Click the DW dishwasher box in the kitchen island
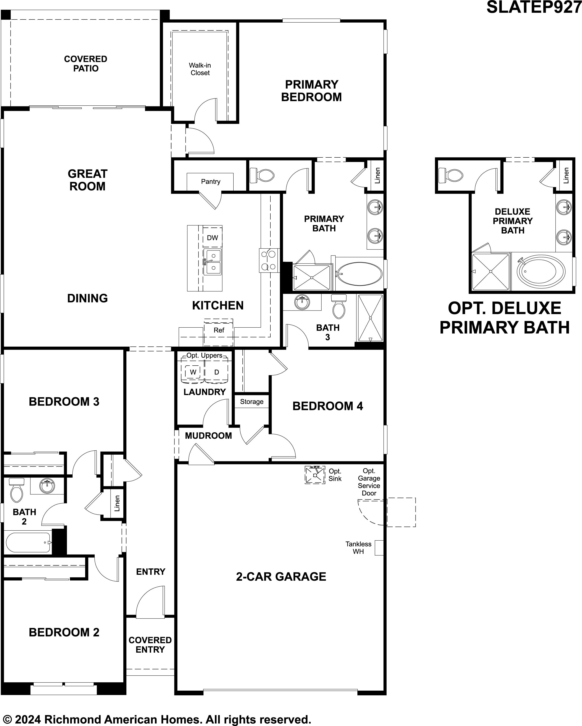point(212,237)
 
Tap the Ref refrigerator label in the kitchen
point(219,330)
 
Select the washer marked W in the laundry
point(193,372)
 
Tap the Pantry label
point(211,181)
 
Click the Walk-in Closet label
point(200,69)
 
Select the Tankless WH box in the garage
point(379,548)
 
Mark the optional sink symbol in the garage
point(315,475)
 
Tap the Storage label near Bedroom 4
point(252,402)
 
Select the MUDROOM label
point(208,436)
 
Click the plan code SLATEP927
point(534,7)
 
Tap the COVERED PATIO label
point(86,64)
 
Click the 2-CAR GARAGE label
point(281,576)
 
